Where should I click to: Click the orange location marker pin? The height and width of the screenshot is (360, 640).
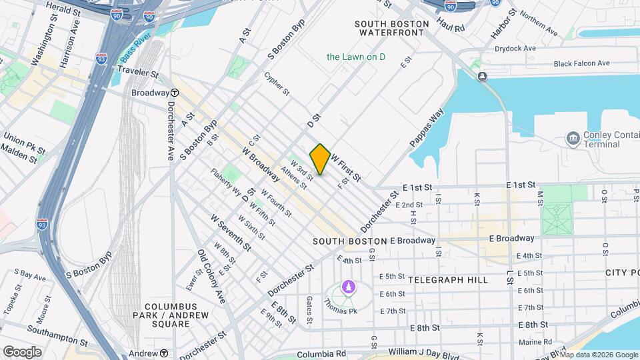pos(320,159)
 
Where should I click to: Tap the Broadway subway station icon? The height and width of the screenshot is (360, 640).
pos(174,93)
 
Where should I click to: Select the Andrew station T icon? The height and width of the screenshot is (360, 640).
pos(163,353)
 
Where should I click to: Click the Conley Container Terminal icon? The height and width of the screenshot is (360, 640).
pos(573,139)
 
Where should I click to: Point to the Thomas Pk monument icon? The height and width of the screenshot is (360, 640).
pos(347,287)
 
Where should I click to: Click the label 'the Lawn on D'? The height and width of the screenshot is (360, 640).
pos(356,57)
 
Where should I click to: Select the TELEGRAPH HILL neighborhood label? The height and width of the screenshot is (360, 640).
pos(448,280)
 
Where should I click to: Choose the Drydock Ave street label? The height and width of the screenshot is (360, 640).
pos(515,49)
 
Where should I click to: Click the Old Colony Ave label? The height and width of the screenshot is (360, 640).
pos(211,277)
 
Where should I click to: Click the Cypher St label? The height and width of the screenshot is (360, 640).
pos(277,83)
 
